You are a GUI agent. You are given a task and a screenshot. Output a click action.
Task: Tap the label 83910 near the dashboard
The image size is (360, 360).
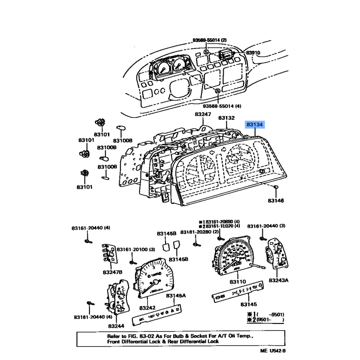click(x=253, y=53)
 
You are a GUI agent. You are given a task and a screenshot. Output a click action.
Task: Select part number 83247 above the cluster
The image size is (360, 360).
click(x=203, y=115)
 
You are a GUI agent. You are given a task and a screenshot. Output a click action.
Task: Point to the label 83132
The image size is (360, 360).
click(x=227, y=118)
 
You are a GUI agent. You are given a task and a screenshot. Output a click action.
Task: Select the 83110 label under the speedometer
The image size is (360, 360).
click(x=238, y=281)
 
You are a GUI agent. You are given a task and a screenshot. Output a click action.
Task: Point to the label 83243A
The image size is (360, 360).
click(x=279, y=280)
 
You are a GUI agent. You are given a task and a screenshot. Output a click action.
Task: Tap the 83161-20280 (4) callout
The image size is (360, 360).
click(x=198, y=232)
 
